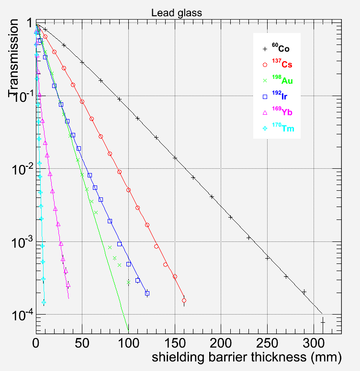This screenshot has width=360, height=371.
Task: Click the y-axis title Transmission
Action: click(x=15, y=58)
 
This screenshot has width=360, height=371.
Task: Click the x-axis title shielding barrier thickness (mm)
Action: click(x=246, y=357)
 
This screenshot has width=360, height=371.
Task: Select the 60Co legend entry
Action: click(x=281, y=49)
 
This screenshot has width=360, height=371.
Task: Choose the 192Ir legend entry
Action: click(x=281, y=96)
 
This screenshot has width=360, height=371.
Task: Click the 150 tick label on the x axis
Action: click(x=175, y=343)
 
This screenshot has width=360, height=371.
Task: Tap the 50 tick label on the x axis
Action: click(x=82, y=343)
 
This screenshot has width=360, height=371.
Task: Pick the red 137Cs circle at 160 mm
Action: click(x=184, y=301)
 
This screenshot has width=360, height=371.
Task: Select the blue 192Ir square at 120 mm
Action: click(x=147, y=293)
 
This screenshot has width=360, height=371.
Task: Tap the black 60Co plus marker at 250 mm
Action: click(x=267, y=258)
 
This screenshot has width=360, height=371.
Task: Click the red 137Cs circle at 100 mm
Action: click(x=128, y=190)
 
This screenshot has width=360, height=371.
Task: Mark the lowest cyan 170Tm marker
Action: click(x=44, y=302)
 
